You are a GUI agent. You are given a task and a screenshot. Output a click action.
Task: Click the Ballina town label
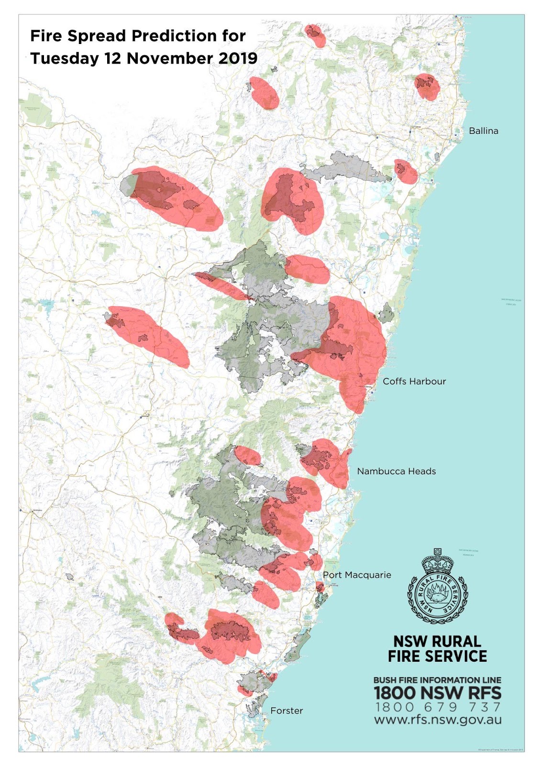pos(483,131)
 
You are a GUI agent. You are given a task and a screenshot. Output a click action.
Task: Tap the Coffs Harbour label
pos(414,381)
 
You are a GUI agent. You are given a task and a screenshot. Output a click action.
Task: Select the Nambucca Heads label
pos(396,471)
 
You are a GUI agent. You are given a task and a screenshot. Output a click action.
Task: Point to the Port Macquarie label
pos(357,575)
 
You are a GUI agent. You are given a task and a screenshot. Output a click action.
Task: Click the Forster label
pos(287,710)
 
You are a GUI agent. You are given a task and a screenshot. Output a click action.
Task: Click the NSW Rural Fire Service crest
pos(437,587)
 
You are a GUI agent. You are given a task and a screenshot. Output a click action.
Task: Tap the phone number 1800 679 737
pos(438,707)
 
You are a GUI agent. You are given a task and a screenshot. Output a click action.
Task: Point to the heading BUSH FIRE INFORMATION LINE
pos(437,680)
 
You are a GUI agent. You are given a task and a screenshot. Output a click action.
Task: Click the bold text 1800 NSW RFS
pos(437,693)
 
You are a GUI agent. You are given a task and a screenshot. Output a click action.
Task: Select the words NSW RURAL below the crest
pos(437,641)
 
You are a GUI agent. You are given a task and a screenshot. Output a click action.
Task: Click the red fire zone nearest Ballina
pos(406,171)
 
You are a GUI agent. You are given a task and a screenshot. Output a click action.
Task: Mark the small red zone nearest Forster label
pos(244,690)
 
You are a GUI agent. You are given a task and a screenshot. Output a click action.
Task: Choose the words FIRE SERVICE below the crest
pos(437,656)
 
